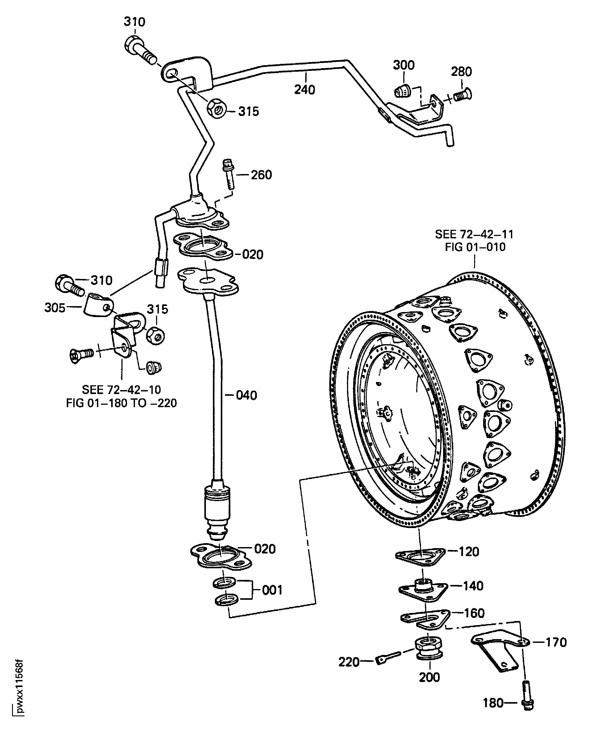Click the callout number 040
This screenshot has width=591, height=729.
click(x=246, y=395)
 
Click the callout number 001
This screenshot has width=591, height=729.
click(x=272, y=590)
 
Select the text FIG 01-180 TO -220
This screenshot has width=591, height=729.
click(x=121, y=403)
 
